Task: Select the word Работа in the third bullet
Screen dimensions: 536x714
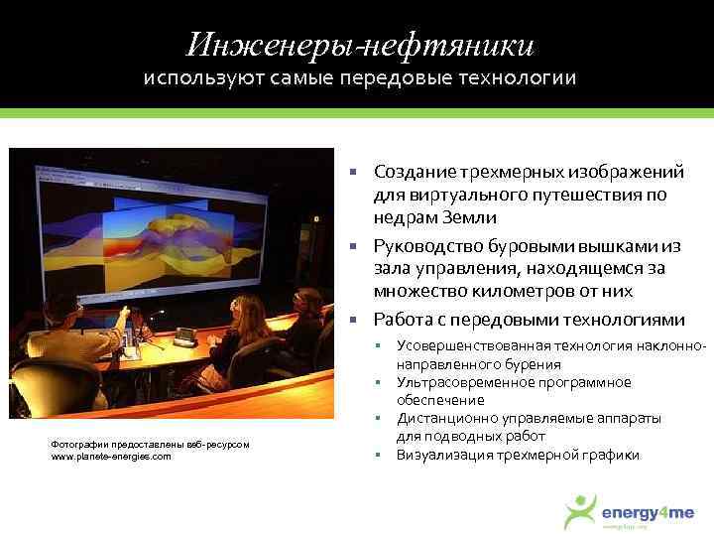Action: click(x=403, y=320)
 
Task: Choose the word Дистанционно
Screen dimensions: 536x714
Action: click(x=441, y=419)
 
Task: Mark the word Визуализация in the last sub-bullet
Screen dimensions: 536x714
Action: click(x=440, y=455)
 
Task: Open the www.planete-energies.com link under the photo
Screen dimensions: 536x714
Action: click(x=110, y=456)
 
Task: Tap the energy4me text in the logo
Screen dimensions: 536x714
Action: click(x=649, y=511)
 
